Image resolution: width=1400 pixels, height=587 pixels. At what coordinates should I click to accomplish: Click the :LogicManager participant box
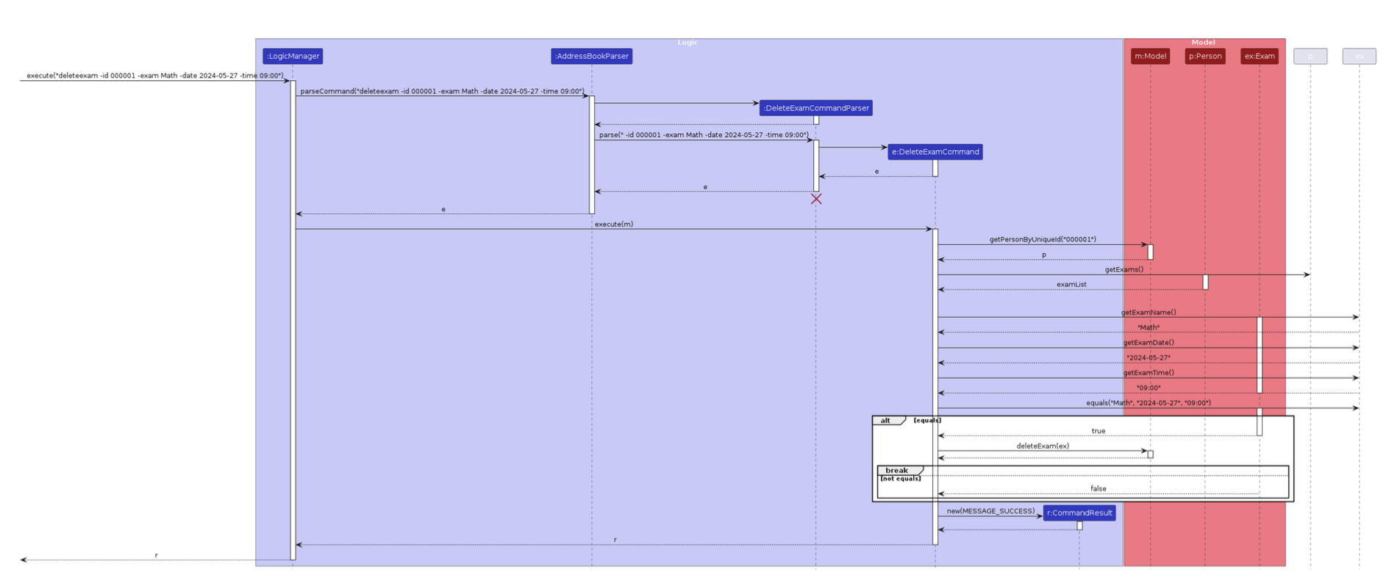293,56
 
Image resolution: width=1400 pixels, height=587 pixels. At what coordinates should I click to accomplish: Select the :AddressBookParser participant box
591,56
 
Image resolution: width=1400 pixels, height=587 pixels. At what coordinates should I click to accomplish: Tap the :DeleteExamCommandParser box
816,108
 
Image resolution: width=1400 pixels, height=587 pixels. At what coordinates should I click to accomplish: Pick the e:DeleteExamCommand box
935,152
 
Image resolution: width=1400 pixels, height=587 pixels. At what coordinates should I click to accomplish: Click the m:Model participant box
1150,56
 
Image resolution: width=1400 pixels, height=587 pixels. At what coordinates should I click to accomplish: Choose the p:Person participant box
1204,56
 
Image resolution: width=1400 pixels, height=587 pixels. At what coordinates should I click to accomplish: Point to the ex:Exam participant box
1259,56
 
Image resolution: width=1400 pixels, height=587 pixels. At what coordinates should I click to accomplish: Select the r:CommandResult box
1079,513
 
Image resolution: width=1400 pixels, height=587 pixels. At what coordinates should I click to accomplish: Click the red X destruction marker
816,199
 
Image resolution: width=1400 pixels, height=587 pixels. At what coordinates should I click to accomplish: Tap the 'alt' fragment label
886,421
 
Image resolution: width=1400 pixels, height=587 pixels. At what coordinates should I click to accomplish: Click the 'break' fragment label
896,470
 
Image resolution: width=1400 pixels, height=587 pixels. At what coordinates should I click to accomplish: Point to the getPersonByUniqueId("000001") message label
1042,239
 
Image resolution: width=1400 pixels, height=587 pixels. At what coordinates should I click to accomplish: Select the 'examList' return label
1071,284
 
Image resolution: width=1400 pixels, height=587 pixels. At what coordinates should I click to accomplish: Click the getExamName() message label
1148,313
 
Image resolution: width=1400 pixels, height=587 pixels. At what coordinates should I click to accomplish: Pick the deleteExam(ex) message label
1042,446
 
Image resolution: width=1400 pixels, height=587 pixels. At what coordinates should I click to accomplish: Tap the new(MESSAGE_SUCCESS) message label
990,510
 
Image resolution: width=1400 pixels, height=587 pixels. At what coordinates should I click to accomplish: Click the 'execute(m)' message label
613,224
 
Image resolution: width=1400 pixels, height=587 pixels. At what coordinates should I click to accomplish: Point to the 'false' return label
1098,488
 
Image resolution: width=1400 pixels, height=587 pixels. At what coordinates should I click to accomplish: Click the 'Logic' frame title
687,43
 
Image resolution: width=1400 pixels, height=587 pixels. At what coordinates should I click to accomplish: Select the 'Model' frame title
1203,43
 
